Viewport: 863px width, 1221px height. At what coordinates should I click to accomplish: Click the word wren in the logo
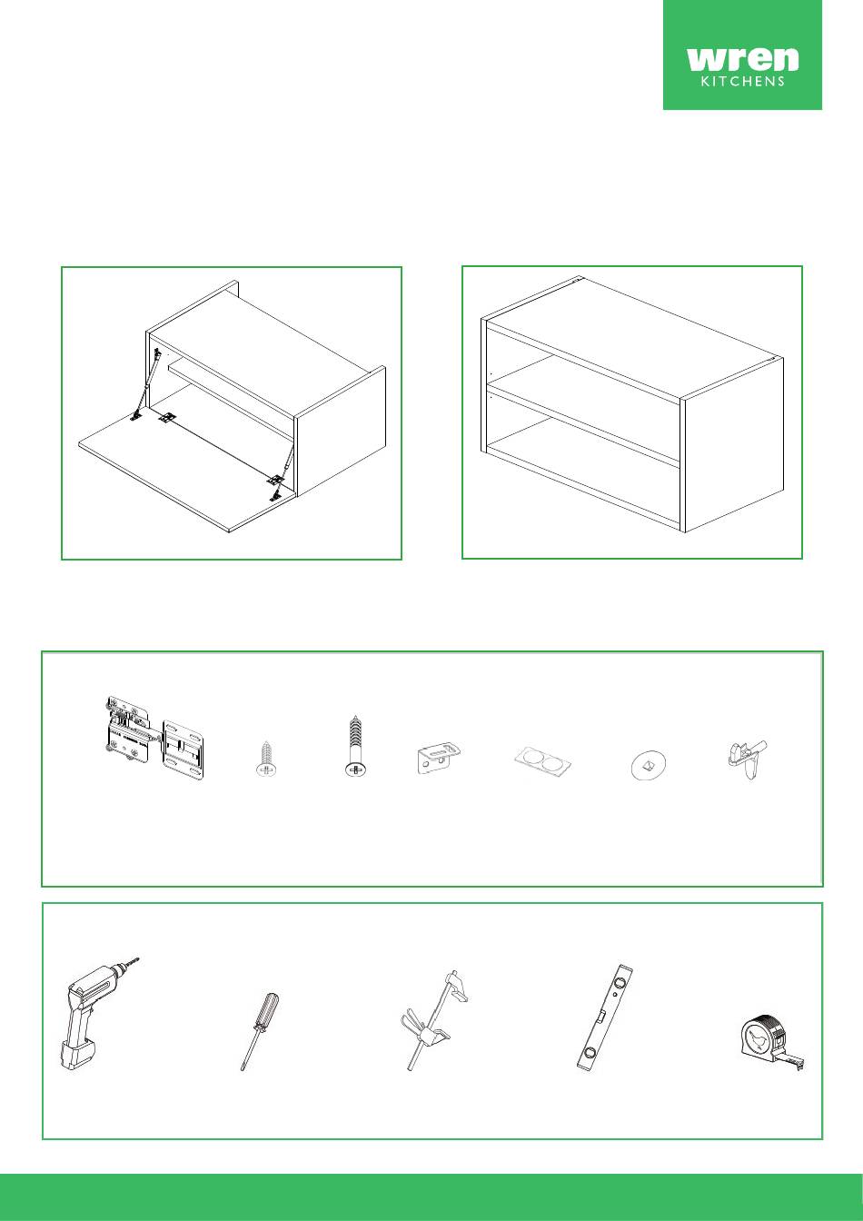pyautogui.click(x=742, y=59)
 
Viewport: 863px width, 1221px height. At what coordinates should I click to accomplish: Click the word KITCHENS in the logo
pyautogui.click(x=742, y=82)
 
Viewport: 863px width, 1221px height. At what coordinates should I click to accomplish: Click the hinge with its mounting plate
pyautogui.click(x=154, y=739)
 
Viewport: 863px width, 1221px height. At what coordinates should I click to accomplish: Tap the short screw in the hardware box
pyautogui.click(x=266, y=759)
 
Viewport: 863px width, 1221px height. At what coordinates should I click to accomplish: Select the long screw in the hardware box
pyautogui.click(x=355, y=744)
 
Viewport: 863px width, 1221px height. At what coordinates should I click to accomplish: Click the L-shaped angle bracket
pyautogui.click(x=440, y=757)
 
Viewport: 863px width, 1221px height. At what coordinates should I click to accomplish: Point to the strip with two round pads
pyautogui.click(x=542, y=760)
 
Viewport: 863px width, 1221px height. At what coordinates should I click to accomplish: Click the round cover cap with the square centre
pyautogui.click(x=647, y=767)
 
